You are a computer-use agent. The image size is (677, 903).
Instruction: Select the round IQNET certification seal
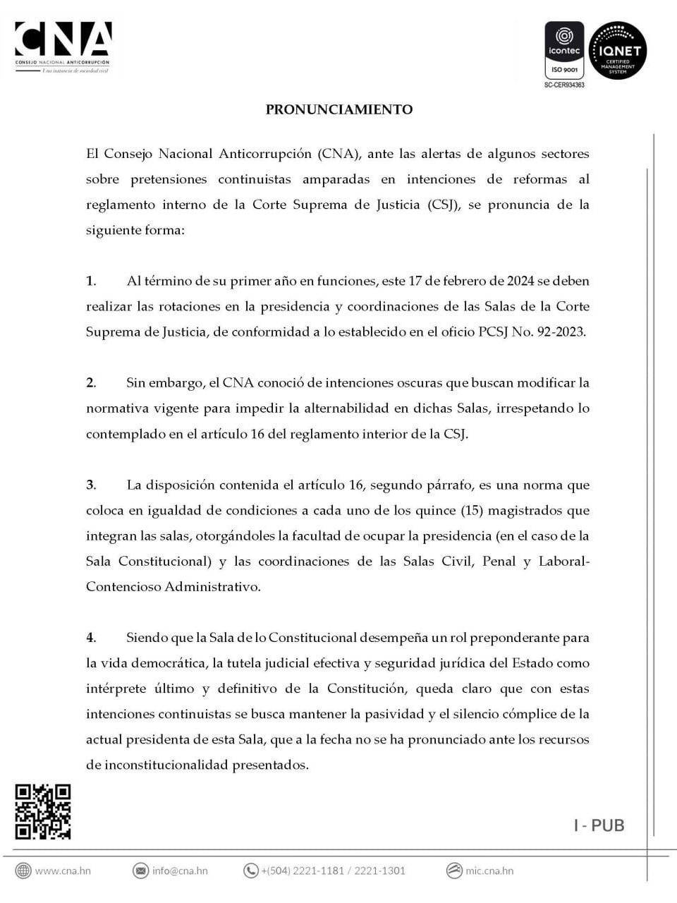618,50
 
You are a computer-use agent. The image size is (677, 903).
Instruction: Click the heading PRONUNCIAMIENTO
338,109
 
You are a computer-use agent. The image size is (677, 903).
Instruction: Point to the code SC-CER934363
564,85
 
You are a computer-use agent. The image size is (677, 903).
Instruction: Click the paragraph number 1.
90,281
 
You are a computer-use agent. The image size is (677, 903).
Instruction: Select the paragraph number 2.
90,383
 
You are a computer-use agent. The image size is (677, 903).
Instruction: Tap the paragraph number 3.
90,485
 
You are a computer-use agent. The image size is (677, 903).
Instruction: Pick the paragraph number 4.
90,638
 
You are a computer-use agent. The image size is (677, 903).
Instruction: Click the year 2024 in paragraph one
520,281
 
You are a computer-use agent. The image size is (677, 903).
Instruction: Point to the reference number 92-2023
561,332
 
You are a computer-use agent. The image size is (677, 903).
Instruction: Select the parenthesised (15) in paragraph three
470,511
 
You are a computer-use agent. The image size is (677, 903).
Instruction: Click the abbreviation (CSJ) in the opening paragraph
444,205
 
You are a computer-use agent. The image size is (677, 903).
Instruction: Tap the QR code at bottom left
43,811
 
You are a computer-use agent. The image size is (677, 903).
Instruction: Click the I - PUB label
599,825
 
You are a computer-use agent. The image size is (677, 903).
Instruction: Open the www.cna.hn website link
63,871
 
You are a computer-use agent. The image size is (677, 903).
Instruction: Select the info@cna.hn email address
180,871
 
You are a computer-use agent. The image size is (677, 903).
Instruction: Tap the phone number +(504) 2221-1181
302,871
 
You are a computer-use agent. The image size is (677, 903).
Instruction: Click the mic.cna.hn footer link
489,871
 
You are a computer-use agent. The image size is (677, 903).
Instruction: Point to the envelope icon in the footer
141,871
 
